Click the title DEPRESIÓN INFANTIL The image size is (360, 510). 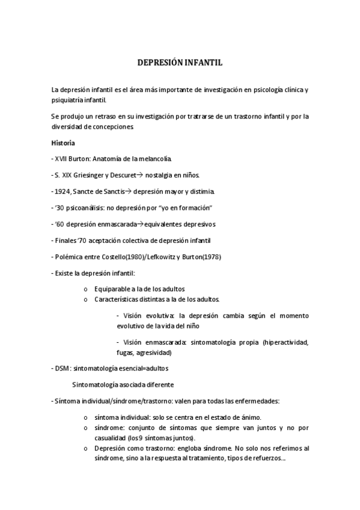pos(180,62)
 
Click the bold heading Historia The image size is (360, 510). pos(63,143)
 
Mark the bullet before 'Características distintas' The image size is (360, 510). pos(88,300)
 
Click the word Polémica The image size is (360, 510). pos(69,256)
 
